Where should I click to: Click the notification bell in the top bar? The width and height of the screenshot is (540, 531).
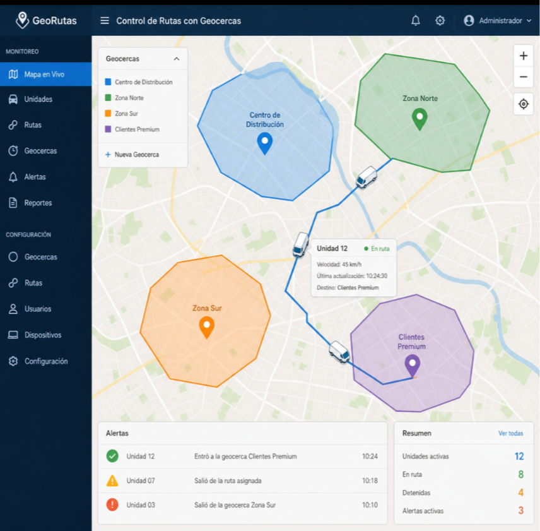pyautogui.click(x=416, y=21)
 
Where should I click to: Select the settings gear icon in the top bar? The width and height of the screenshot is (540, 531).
pyautogui.click(x=440, y=21)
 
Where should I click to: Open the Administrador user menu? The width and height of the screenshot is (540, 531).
pyautogui.click(x=497, y=21)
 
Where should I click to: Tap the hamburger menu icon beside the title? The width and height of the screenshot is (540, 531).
pyautogui.click(x=105, y=21)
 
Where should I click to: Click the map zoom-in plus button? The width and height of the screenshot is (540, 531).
pyautogui.click(x=523, y=56)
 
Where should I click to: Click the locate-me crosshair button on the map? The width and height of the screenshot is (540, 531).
pyautogui.click(x=523, y=104)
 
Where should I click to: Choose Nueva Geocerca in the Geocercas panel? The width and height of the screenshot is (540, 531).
pyautogui.click(x=132, y=154)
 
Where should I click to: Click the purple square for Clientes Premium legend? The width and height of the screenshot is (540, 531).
pyautogui.click(x=108, y=129)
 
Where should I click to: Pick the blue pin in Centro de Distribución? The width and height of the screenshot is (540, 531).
pyautogui.click(x=265, y=143)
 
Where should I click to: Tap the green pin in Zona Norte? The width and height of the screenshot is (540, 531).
pyautogui.click(x=420, y=119)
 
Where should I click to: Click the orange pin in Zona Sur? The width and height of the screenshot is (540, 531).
pyautogui.click(x=207, y=327)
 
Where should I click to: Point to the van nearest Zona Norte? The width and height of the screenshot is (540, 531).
pyautogui.click(x=367, y=177)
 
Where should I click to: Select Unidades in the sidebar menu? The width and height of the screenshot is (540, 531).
pyautogui.click(x=38, y=99)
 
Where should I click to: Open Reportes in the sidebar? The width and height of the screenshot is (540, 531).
pyautogui.click(x=38, y=203)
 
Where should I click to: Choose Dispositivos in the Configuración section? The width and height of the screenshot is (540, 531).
pyautogui.click(x=43, y=335)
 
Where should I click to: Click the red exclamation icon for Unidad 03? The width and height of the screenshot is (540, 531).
pyautogui.click(x=112, y=505)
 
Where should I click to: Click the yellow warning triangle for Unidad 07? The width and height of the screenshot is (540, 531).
pyautogui.click(x=112, y=480)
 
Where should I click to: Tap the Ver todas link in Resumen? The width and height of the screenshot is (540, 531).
pyautogui.click(x=510, y=433)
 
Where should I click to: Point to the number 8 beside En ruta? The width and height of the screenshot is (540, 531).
pyautogui.click(x=520, y=474)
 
